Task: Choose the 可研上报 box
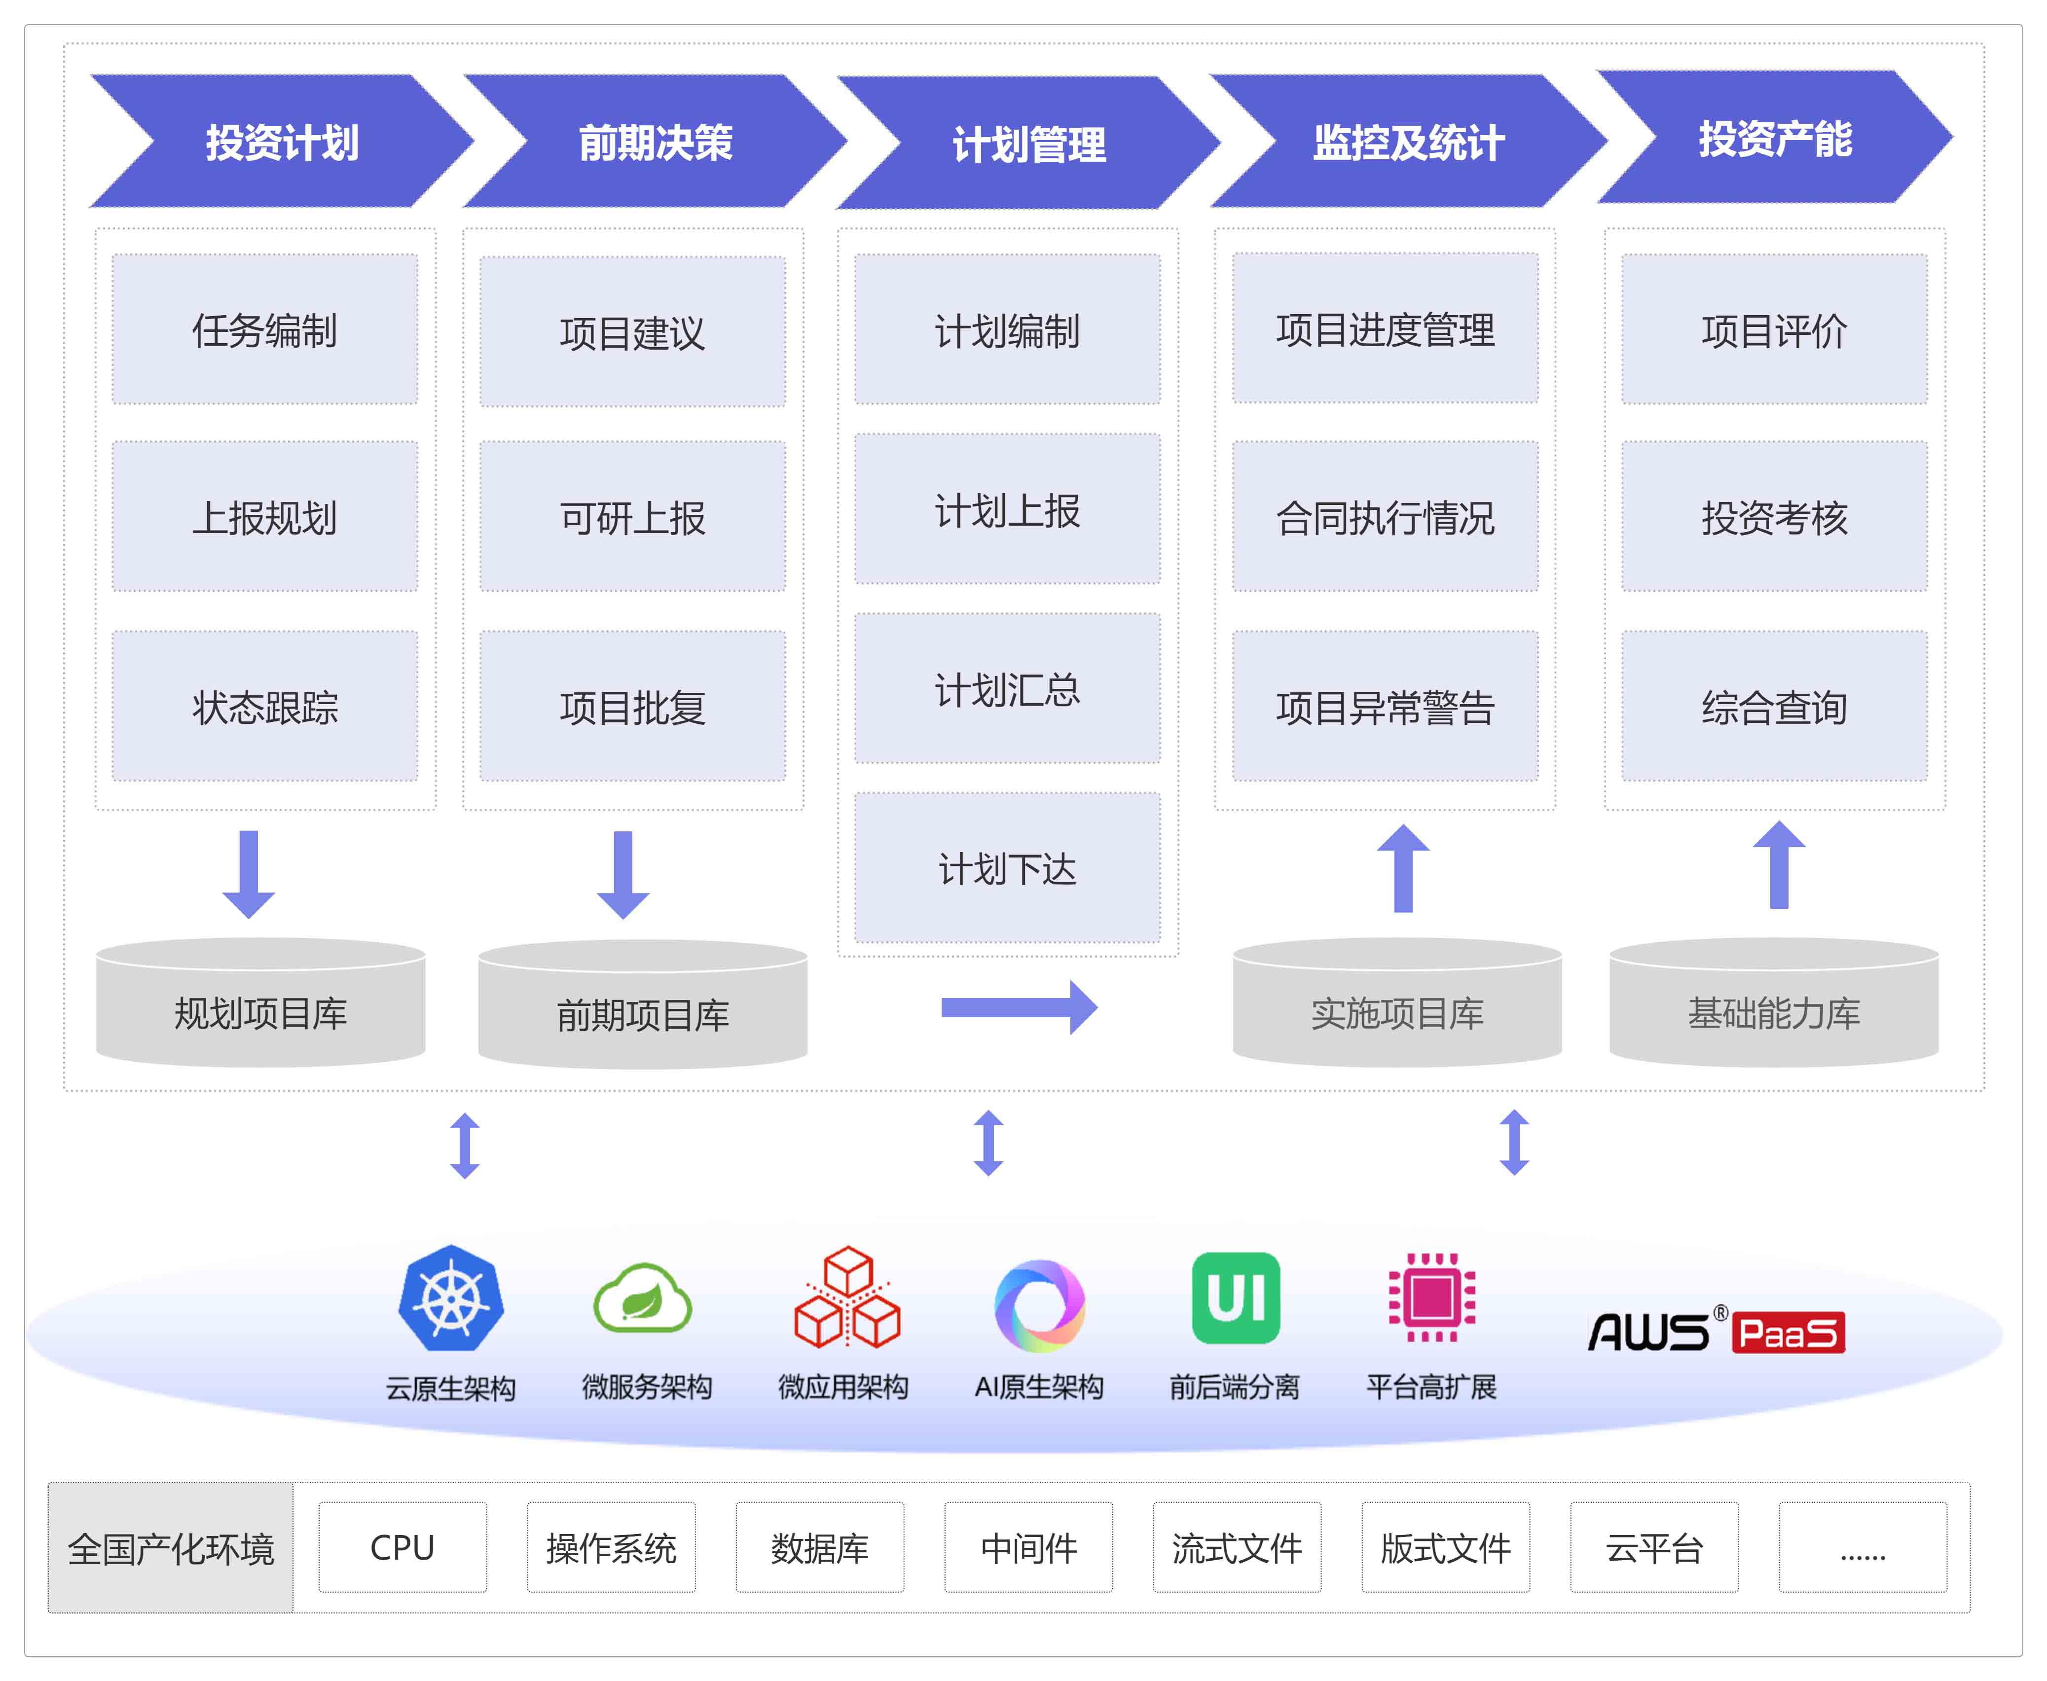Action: point(633,517)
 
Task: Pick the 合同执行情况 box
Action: point(1385,517)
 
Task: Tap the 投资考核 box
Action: point(1774,517)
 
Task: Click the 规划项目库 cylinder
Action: point(260,1007)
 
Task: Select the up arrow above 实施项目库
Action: point(1403,868)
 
